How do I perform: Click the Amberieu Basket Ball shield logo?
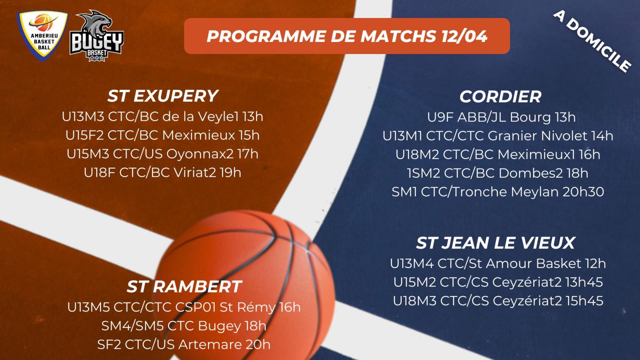[x=42, y=36]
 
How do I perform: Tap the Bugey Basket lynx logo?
[x=96, y=36]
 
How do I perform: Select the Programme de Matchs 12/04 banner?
[x=347, y=36]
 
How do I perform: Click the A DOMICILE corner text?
[x=592, y=42]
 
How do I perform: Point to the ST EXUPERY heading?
[x=162, y=96]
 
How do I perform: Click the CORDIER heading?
[x=500, y=96]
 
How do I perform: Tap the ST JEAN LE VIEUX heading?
[x=496, y=243]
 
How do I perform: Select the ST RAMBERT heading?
[x=184, y=286]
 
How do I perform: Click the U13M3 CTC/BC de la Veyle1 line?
[x=162, y=116]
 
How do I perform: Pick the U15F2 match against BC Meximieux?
[x=162, y=135]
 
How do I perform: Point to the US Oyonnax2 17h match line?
[x=162, y=154]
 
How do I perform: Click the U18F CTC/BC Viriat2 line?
[x=162, y=172]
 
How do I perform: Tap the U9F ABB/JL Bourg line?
[x=502, y=117]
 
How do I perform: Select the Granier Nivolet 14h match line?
[x=498, y=136]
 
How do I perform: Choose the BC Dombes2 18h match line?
[x=498, y=173]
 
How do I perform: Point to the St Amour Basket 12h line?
[x=498, y=264]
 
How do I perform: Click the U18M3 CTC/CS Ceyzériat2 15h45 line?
[x=498, y=301]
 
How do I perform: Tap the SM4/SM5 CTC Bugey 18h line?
[x=184, y=326]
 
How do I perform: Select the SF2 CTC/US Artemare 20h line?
[x=184, y=344]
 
